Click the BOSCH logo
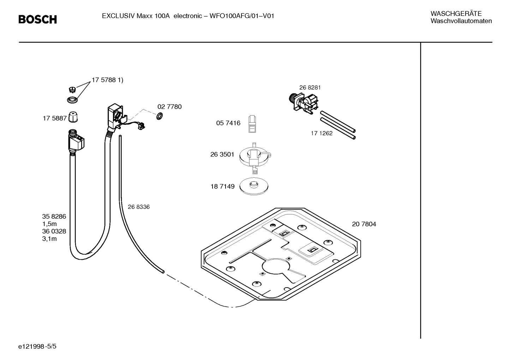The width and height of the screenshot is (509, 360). [x=37, y=19]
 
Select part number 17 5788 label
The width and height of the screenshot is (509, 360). [x=107, y=80]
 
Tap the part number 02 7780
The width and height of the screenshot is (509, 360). [x=169, y=107]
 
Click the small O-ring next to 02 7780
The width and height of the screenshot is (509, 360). [x=159, y=116]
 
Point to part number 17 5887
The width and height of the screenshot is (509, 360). [x=54, y=118]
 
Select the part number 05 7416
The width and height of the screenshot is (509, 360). [x=228, y=123]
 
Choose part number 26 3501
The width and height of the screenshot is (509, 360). [x=222, y=154]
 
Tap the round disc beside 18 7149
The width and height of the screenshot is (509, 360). [x=253, y=186]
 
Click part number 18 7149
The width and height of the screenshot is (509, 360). [x=222, y=187]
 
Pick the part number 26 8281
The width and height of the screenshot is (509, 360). [x=310, y=88]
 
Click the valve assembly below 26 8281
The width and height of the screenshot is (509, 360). [x=304, y=103]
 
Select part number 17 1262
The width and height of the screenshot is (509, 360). [x=321, y=134]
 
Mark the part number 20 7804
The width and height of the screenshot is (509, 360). [x=364, y=224]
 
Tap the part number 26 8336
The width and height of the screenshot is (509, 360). [x=138, y=207]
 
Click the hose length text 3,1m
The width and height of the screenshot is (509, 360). [x=49, y=239]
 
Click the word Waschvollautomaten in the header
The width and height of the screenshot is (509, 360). [x=461, y=21]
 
